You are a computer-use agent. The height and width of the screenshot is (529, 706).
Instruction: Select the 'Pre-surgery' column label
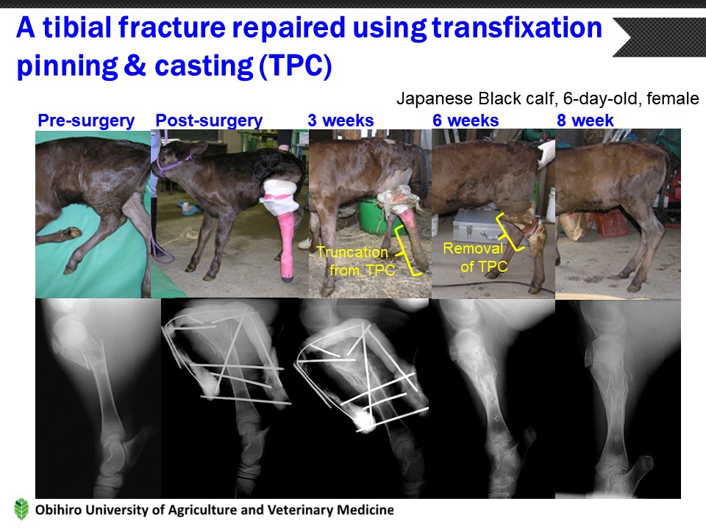coord(86,120)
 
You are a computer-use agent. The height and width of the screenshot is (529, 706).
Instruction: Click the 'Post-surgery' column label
coord(209,120)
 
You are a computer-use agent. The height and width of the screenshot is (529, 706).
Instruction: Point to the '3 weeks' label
coord(340,120)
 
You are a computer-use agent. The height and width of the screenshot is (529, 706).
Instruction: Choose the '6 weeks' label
coord(466,120)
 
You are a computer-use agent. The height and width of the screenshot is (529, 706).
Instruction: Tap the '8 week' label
coord(585,120)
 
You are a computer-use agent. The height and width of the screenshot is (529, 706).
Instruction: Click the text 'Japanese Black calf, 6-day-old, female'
coord(547,98)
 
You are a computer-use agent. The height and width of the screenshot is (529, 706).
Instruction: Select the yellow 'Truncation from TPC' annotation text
coord(356,261)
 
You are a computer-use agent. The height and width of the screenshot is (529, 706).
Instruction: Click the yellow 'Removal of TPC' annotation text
coord(475,257)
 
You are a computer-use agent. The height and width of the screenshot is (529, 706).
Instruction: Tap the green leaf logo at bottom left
coord(21,510)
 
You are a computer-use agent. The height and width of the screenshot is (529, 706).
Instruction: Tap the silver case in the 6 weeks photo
coord(477,225)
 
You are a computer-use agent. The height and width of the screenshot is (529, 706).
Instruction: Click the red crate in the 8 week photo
coord(608,223)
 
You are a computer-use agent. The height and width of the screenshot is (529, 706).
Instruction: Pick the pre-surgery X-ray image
coord(98,397)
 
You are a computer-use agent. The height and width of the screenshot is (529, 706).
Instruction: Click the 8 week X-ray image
coord(618,398)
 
